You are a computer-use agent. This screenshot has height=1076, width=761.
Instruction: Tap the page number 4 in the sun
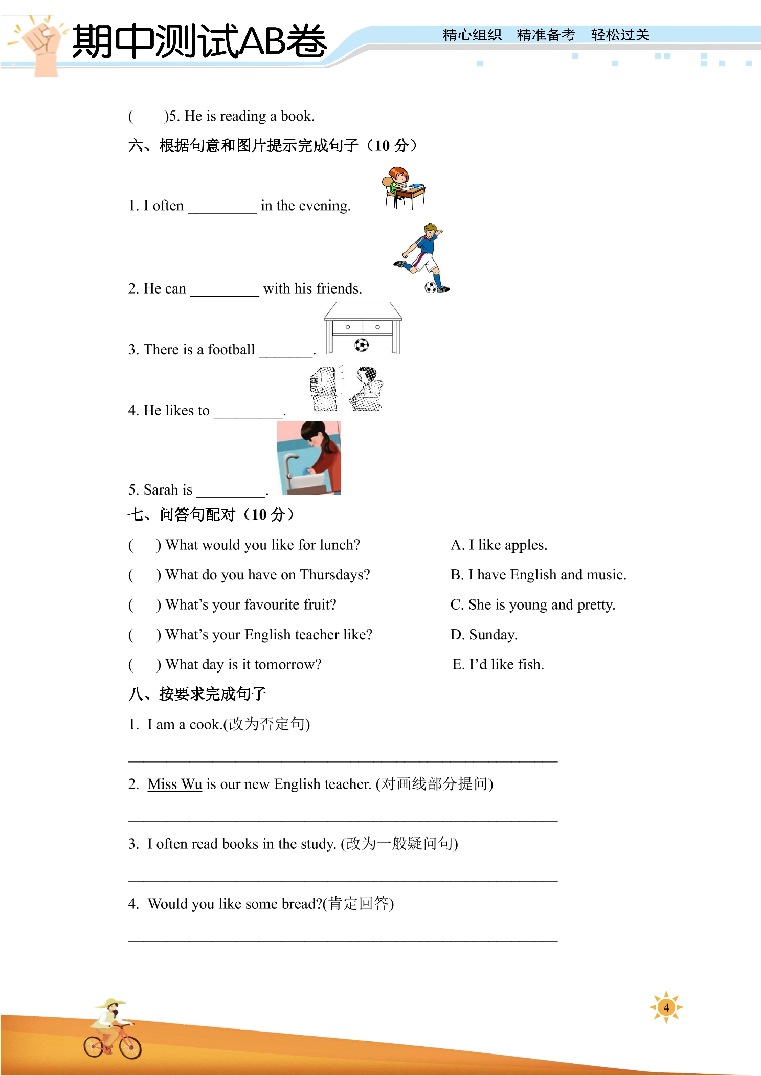[x=666, y=1007]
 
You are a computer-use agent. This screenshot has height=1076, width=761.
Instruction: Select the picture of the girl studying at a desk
[x=403, y=188]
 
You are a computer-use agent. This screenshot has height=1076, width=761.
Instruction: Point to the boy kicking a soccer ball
[x=422, y=258]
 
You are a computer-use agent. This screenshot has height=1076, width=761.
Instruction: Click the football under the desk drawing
[x=362, y=345]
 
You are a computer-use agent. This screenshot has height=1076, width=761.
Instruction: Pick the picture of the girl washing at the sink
[x=309, y=458]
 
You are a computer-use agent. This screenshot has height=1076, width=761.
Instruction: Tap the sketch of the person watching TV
[x=346, y=389]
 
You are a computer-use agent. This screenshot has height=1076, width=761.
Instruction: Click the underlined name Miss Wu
[x=175, y=784]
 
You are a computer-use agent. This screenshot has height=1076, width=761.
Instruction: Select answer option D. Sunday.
[x=484, y=635]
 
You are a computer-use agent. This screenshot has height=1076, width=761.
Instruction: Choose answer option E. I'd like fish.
[x=498, y=664]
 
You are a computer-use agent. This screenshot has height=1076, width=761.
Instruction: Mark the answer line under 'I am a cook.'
[x=343, y=761]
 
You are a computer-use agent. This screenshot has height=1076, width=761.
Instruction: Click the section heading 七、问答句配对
[x=211, y=514]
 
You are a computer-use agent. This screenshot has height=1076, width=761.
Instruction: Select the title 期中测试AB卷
[x=199, y=41]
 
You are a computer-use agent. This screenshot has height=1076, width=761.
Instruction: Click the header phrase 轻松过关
[x=620, y=35]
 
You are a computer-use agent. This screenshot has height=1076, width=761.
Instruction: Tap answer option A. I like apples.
[x=499, y=545]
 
